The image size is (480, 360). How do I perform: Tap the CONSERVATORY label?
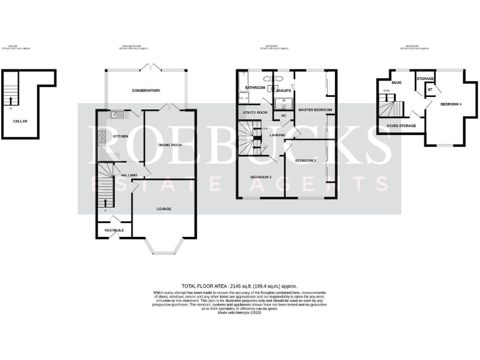coord(146,91)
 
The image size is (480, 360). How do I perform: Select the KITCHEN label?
coord(120,136)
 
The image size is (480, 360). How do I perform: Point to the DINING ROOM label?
coord(169,145)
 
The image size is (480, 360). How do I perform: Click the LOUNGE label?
coord(164,209)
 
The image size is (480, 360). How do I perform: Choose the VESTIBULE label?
coord(114,231)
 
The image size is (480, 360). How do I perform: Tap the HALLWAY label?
coord(129,175)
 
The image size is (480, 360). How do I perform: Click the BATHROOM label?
coord(256,88)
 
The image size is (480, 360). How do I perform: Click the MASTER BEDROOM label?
coord(315,110)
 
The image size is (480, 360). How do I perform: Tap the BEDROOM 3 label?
coord(261,177)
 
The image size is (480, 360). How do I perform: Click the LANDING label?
coord(277,135)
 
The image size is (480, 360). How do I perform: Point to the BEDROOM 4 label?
coord(451,104)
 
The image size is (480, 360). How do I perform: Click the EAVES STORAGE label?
coord(401,126)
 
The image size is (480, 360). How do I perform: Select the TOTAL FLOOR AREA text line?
coord(239,286)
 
